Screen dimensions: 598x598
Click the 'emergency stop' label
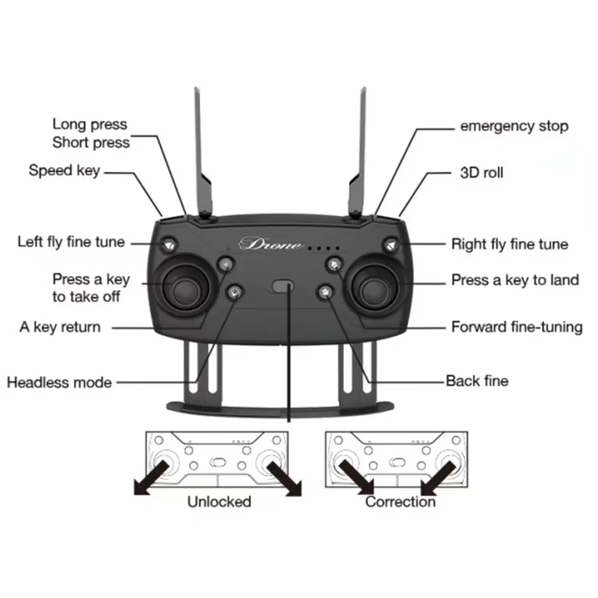pos(514,126)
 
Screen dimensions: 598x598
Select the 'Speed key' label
pos(64,170)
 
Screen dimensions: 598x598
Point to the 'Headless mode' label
pos(59,382)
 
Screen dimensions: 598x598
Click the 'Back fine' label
pos(477,380)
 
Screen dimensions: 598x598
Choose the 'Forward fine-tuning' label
pos(517,327)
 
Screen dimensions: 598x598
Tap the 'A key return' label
pos(60,327)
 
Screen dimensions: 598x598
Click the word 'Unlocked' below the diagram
pos(219,501)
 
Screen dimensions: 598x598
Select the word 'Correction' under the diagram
pos(400,501)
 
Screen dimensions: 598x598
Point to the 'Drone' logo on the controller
pos(270,244)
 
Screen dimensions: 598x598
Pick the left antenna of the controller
pos(202,155)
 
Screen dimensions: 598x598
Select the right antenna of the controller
pos(359,155)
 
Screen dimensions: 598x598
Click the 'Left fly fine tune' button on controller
pos(169,244)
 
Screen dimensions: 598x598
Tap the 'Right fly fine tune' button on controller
pos(392,245)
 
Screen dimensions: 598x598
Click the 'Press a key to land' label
pos(515,279)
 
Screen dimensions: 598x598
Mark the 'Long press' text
pos(90,124)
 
